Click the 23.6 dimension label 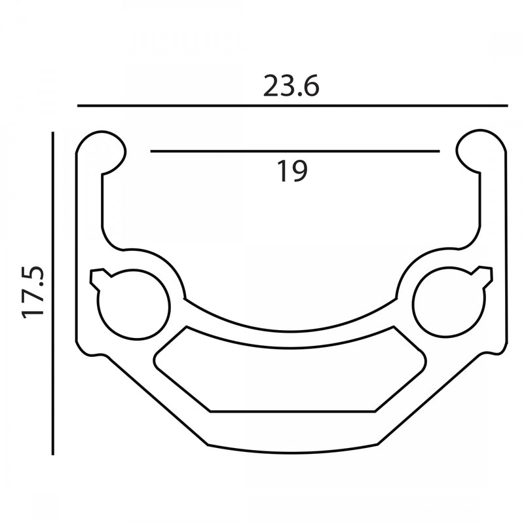(291, 86)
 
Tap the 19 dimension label (293, 171)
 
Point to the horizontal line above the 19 (295, 151)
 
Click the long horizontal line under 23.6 (292, 105)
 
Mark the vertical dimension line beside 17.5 (53, 293)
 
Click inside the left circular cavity (134, 305)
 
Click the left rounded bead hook (101, 152)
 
